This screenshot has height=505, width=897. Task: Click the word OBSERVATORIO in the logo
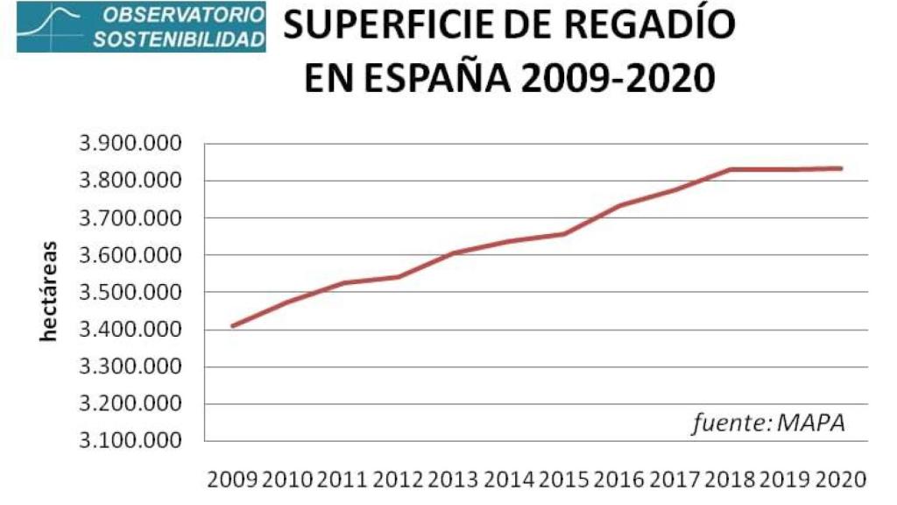point(180,16)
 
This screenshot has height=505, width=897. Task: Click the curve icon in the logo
point(53,26)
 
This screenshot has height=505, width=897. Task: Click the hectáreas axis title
point(49,291)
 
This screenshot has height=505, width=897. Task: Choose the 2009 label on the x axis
point(232,480)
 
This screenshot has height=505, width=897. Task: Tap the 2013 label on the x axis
point(454,480)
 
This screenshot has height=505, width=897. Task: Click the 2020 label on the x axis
point(841,480)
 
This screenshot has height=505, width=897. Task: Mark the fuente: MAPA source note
point(768,423)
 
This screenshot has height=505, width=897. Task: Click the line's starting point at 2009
point(232,325)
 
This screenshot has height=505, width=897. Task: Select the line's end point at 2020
point(840,168)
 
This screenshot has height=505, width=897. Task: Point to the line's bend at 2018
point(730,169)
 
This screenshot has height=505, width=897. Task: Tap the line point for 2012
point(399,277)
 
